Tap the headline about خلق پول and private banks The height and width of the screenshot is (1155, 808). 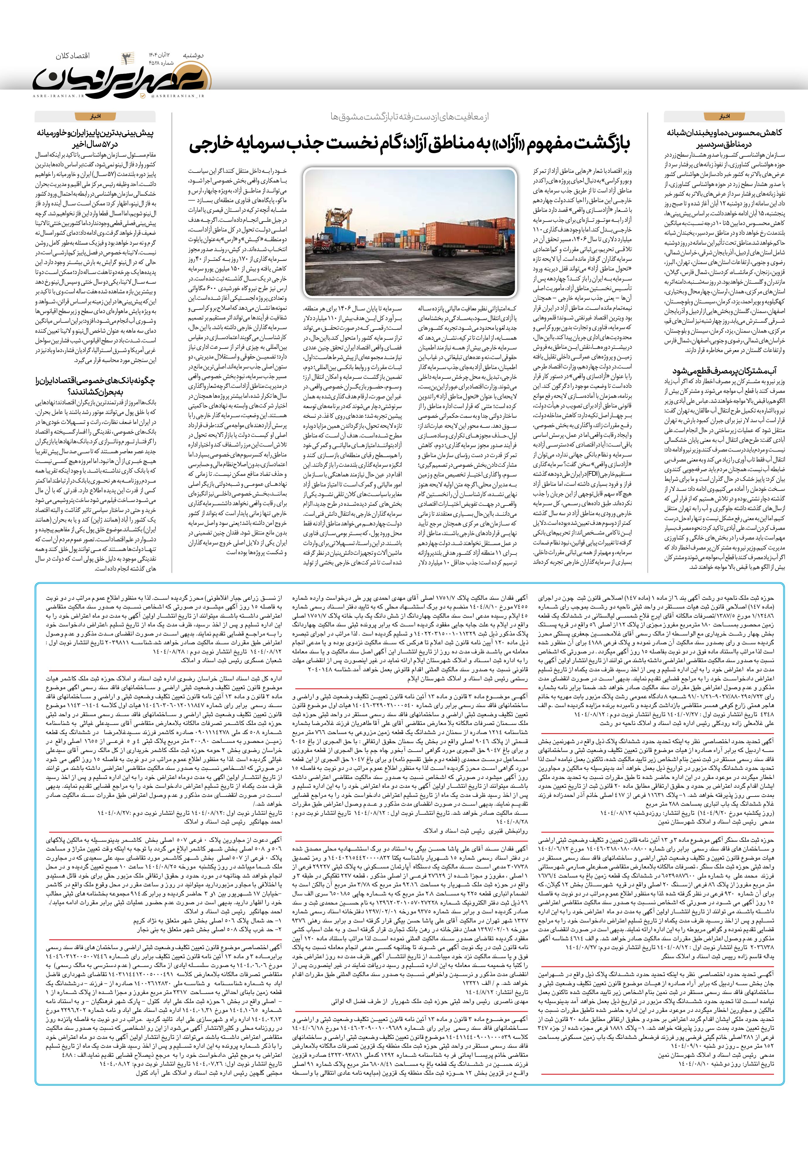coord(96,386)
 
